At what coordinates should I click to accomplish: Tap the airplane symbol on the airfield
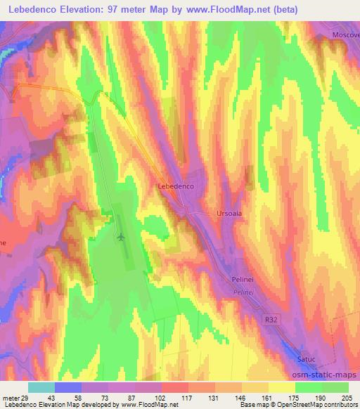(x=120, y=238)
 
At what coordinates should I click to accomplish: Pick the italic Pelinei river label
(x=243, y=290)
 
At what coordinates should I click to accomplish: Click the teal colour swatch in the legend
(x=41, y=387)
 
